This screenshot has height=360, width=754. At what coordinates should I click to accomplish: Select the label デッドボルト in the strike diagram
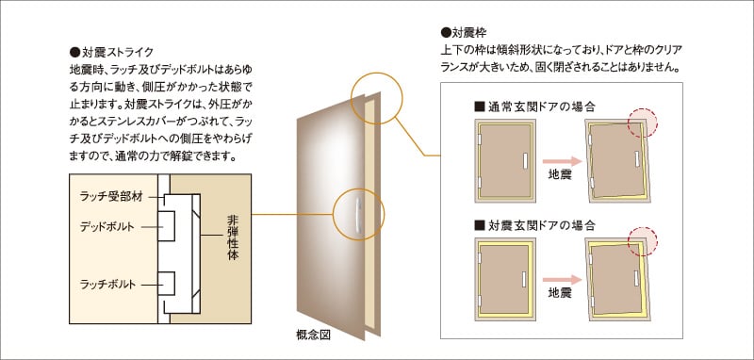click(106, 227)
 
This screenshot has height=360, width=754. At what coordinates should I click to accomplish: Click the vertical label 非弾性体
click(232, 246)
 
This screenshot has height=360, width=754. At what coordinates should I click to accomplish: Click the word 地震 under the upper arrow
click(561, 174)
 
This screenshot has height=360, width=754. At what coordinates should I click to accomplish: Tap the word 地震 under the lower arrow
click(561, 293)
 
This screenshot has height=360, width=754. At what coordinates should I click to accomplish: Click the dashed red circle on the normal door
click(644, 123)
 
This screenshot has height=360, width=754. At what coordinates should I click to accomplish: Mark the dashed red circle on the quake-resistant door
click(644, 240)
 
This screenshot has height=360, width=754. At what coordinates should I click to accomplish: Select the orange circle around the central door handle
click(358, 215)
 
